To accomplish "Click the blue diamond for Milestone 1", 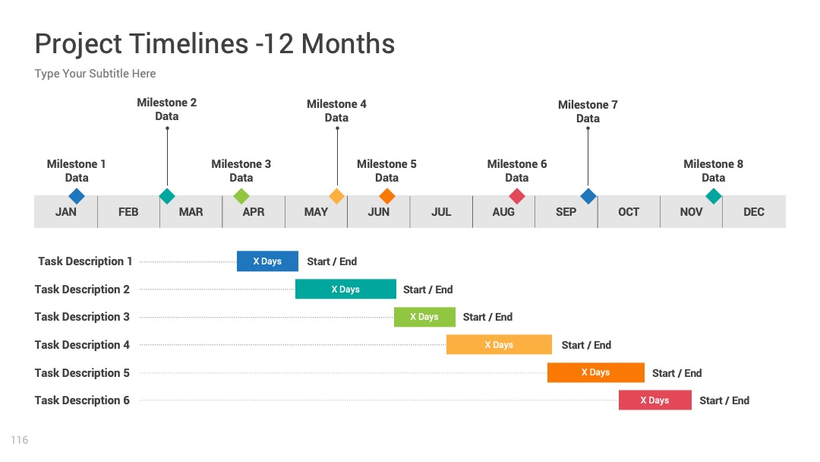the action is [x=77, y=196].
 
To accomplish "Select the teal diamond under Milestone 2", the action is [x=167, y=196].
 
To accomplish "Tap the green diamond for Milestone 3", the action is [x=241, y=196].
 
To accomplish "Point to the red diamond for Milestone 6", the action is [x=517, y=196].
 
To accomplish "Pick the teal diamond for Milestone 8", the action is [x=713, y=196].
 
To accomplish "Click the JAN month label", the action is [x=66, y=212].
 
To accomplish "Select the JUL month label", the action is [x=441, y=212].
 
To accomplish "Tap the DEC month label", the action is [x=754, y=212].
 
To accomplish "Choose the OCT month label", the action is [x=629, y=212].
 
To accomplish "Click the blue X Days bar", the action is [x=267, y=261].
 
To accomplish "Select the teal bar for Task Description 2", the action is [x=345, y=289].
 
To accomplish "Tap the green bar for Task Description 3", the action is [x=424, y=317].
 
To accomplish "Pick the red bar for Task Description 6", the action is [x=654, y=400].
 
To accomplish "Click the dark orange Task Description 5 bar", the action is [x=596, y=372].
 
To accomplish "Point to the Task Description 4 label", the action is [x=82, y=345].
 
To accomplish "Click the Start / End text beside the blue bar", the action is [x=332, y=261].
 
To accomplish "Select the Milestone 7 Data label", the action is [x=588, y=112].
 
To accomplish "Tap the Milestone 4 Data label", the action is [x=337, y=111].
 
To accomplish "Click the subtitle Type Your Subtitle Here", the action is [x=95, y=74].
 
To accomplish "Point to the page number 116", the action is [x=19, y=440].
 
